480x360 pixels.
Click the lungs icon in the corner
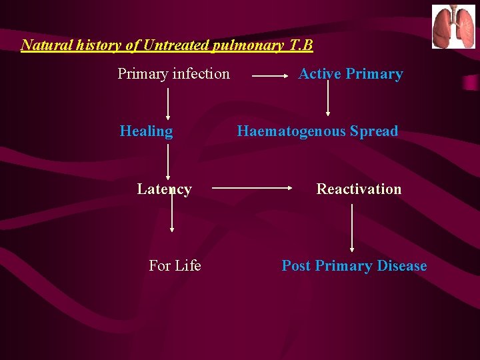(454, 27)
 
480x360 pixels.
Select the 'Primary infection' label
(173, 74)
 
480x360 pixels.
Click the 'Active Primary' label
(351, 74)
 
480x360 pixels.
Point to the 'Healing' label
(146, 131)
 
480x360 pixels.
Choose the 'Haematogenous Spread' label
(317, 131)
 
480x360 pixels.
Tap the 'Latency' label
(164, 189)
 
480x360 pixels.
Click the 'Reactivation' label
(359, 189)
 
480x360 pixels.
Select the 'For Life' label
(175, 266)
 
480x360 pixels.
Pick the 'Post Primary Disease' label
(354, 266)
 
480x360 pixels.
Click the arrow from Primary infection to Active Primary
(270, 77)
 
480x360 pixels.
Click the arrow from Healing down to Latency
(167, 163)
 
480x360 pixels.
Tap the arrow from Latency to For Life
(172, 213)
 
